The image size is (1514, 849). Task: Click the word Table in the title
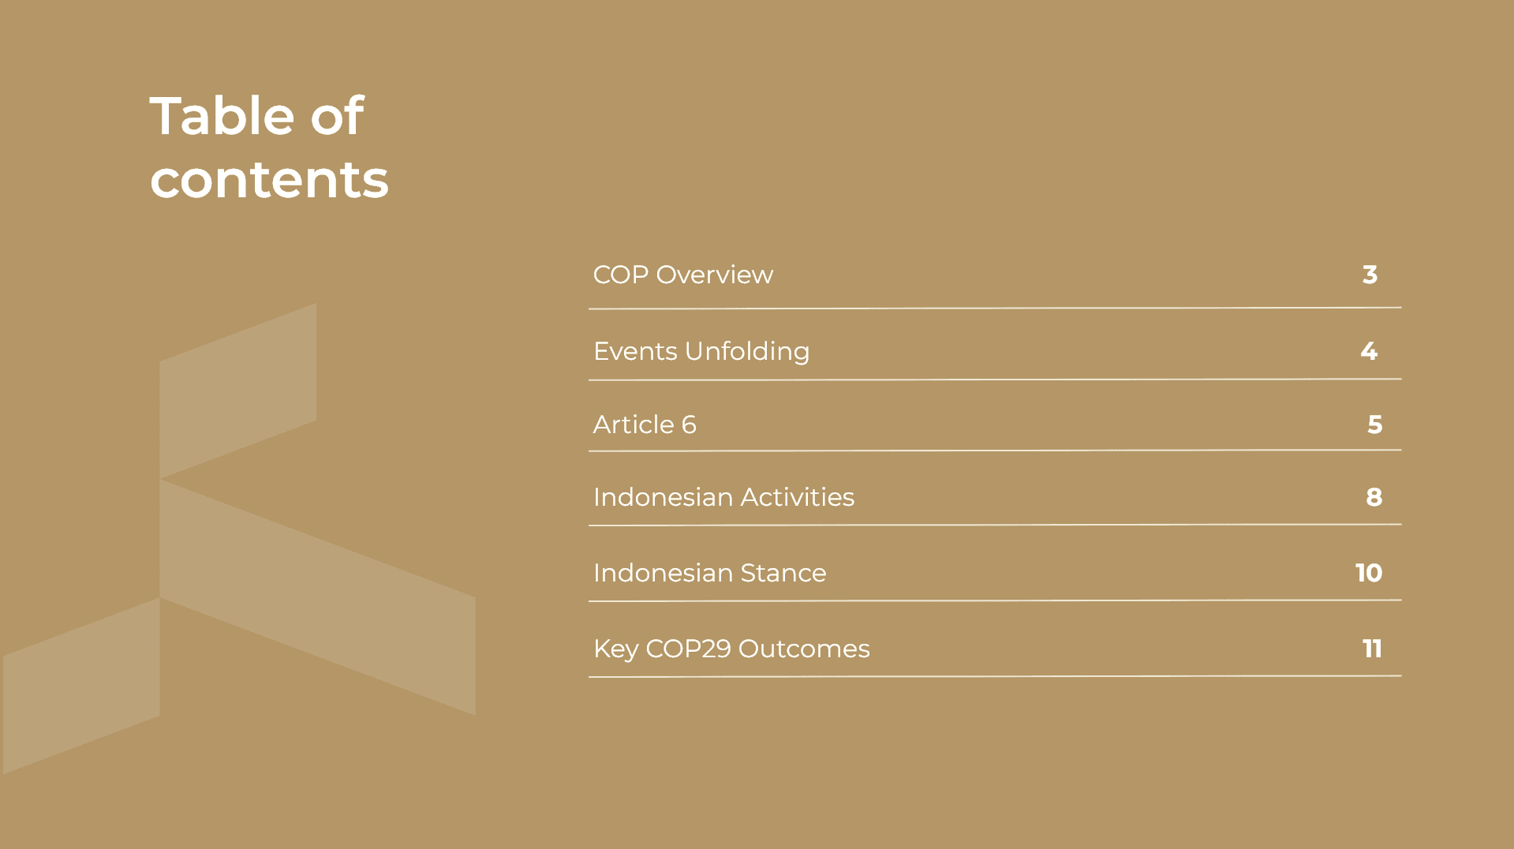coord(222,116)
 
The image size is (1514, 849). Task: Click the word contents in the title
coord(269,180)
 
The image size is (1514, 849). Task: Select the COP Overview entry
coord(683,275)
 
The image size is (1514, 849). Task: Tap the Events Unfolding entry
coord(701,351)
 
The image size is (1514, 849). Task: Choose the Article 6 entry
coord(645,424)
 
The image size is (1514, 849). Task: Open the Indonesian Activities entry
coord(723,497)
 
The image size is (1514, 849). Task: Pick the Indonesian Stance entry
coord(709,573)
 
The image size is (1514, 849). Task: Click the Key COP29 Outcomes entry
coord(731,649)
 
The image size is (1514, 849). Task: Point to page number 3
coord(1370,275)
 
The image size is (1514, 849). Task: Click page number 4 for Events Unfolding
coord(1369,351)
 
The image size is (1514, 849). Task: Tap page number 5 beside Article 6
coord(1374,424)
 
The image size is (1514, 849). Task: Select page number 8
coord(1374,497)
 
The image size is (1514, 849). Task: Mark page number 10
coord(1369,573)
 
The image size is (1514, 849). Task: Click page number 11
coord(1372,649)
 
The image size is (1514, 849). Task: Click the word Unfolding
coord(747,351)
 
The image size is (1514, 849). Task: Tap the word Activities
coord(798,497)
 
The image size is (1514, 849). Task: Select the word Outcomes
coord(804,649)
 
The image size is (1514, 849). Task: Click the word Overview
coord(715,275)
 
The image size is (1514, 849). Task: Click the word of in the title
coord(338,116)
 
